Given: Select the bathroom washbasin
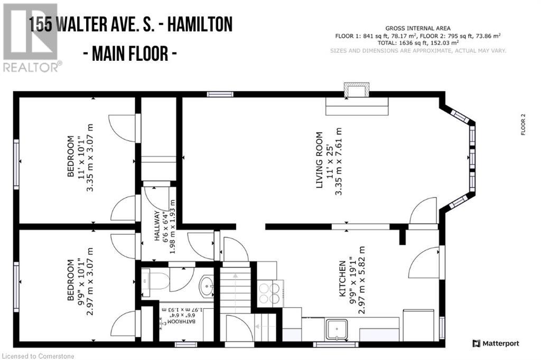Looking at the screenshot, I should pyautogui.click(x=206, y=287).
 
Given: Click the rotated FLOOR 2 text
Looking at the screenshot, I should pyautogui.click(x=524, y=125).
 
